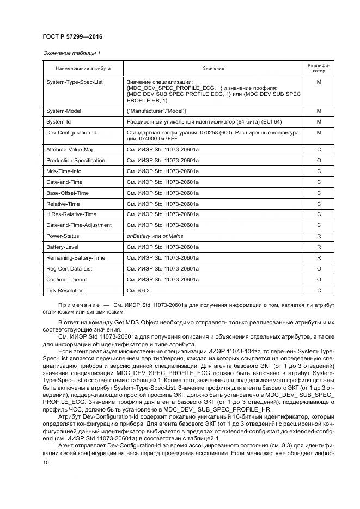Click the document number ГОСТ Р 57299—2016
coord(72,37)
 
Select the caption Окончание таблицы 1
coord(71,53)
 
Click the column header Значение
coord(213,69)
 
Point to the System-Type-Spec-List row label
coord(75,82)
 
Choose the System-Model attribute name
coord(64,111)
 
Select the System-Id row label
coord(58,121)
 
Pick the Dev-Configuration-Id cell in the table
coord(71,132)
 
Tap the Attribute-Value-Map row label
coord(70,150)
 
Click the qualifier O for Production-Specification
coord(319,161)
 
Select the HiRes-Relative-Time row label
coord(71,214)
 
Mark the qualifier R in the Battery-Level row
coord(319,247)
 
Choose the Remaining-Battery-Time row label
coord(76,258)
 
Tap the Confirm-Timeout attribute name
coord(66,280)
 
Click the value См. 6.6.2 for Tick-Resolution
coord(138,291)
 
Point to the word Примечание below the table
coord(78,305)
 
